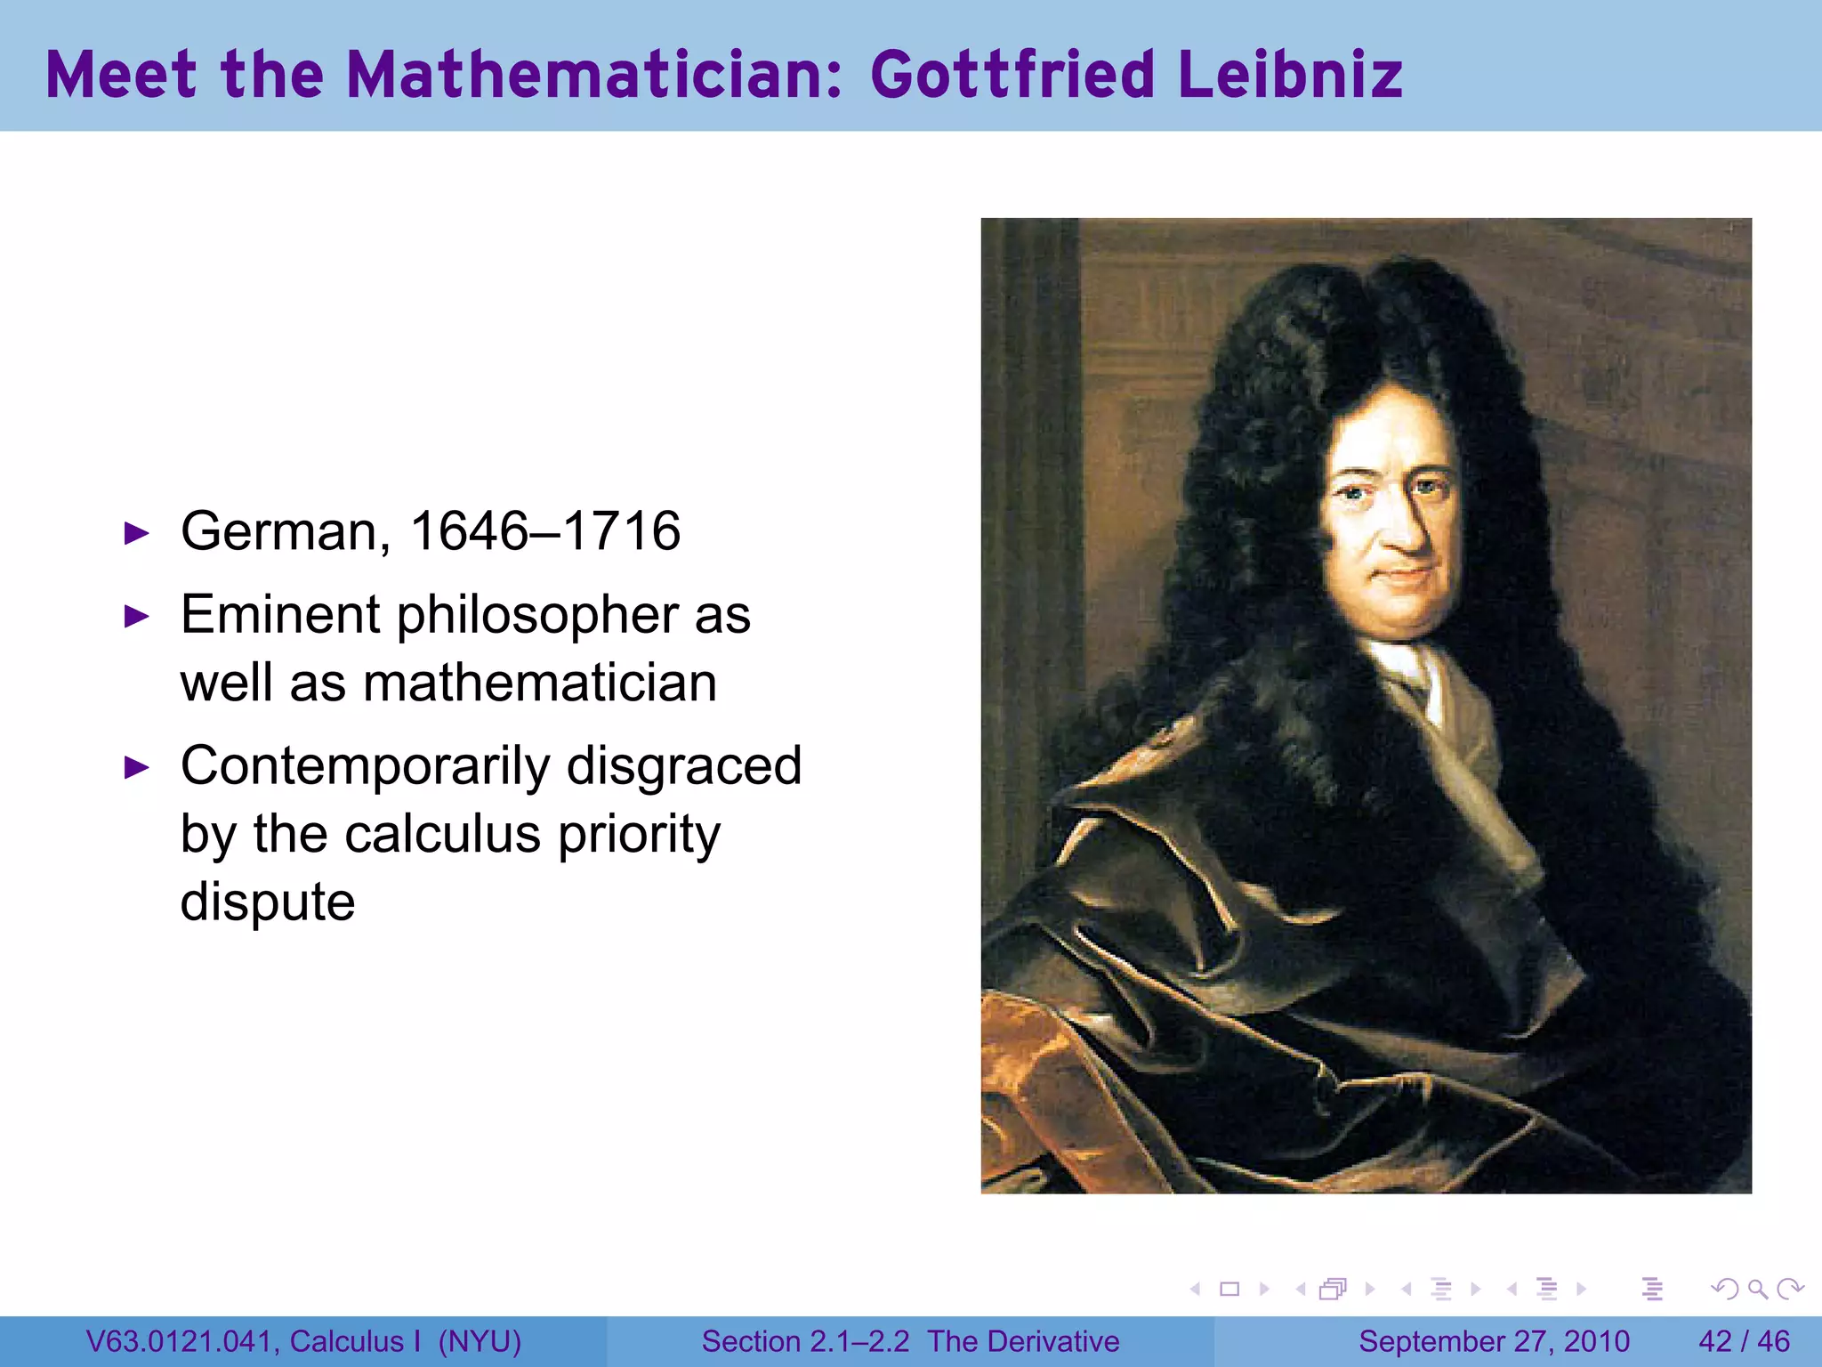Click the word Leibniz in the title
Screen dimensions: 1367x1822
point(1290,75)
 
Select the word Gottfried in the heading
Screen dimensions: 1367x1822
point(1012,75)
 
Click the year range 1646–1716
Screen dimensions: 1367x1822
point(544,531)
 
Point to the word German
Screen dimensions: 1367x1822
point(285,531)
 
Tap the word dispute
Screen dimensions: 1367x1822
point(268,902)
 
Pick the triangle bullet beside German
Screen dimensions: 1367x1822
point(136,534)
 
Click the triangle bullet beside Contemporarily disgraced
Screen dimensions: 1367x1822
point(136,767)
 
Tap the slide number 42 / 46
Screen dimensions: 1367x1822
point(1744,1341)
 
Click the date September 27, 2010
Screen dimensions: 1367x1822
point(1494,1341)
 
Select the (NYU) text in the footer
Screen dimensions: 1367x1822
point(480,1341)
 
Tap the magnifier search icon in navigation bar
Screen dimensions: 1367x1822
point(1757,1289)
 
